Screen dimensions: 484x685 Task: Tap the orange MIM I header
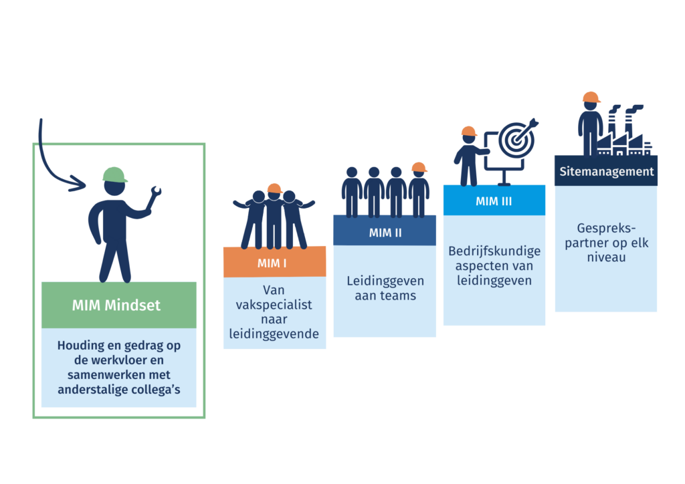[274, 263]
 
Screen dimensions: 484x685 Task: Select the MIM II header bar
[385, 233]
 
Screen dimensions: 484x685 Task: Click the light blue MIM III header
[494, 201]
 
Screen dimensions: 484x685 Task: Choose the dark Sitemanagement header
[606, 172]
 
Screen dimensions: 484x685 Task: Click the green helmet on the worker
[115, 174]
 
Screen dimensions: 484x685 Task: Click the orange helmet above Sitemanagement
[591, 98]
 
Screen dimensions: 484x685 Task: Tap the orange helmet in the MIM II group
[419, 166]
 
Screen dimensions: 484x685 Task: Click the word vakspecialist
[274, 305]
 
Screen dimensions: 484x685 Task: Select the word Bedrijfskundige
[494, 253]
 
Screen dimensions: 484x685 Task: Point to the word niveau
[605, 256]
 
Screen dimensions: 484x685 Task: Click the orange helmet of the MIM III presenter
[470, 132]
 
